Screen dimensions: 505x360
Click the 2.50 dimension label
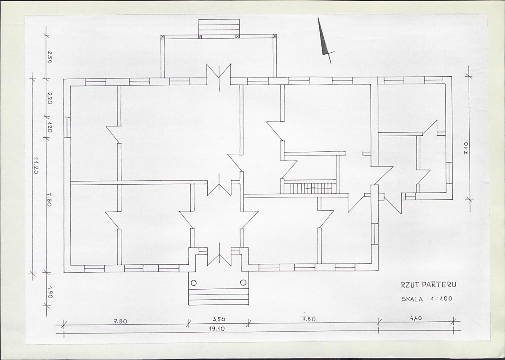pos(49,57)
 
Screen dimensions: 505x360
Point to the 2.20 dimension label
pos(49,98)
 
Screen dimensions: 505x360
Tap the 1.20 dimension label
pos(49,127)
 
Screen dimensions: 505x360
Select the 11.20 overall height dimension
pos(36,166)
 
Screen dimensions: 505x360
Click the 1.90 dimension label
pos(50,292)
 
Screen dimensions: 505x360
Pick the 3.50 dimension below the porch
pos(219,320)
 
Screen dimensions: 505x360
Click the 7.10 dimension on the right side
pos(466,149)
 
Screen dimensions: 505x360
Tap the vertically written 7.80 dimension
pos(49,199)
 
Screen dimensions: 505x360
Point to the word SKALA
pos(412,299)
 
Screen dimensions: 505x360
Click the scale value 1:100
pos(441,299)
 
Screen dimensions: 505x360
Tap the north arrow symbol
pos(324,40)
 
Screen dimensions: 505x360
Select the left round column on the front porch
pos(194,283)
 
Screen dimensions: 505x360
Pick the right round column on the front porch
pos(243,283)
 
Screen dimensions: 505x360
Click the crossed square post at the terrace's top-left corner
pos(163,37)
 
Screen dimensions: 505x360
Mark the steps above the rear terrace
pos(219,27)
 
